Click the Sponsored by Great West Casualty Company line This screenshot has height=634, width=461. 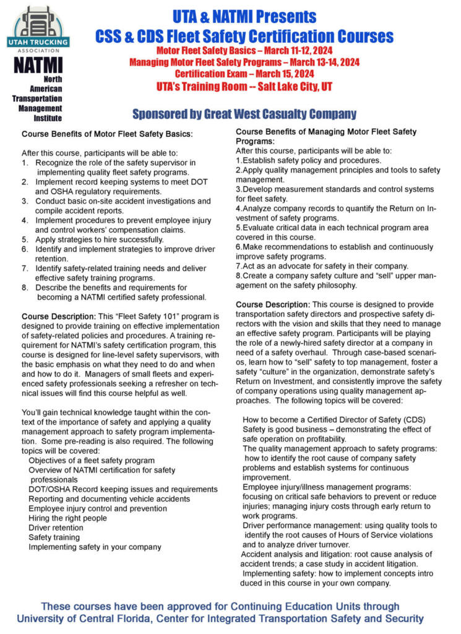(244, 114)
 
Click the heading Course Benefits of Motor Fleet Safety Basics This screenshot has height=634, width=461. (107, 134)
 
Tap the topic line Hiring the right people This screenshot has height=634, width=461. (67, 518)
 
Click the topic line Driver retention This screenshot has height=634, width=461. (56, 528)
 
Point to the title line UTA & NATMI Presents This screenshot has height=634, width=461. (244, 17)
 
